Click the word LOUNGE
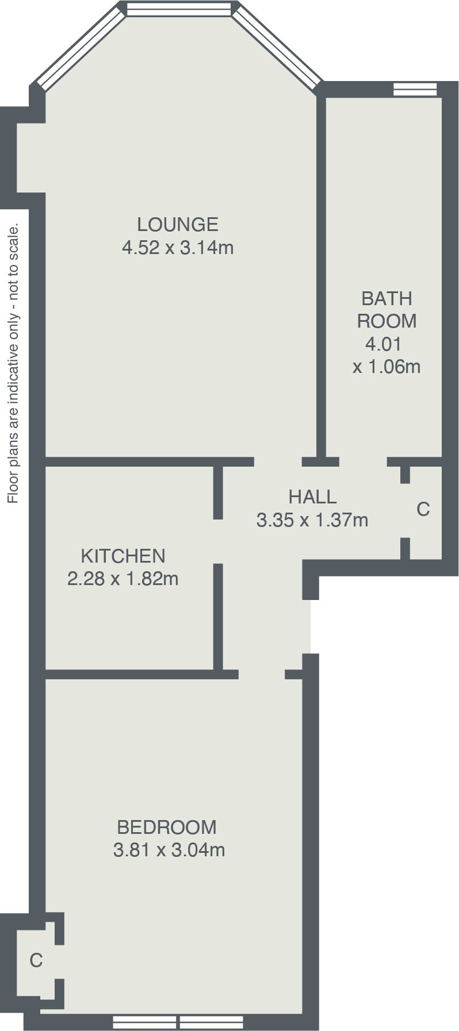(x=178, y=224)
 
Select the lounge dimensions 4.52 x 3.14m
(x=178, y=248)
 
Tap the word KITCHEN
(x=123, y=556)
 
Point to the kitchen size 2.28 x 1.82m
(x=123, y=578)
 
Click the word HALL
(x=312, y=497)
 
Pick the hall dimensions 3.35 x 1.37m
(x=312, y=520)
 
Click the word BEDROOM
(x=167, y=827)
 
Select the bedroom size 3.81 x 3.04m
(x=169, y=849)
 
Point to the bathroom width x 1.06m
(x=387, y=366)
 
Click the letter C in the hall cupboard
(x=423, y=509)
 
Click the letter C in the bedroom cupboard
(x=36, y=960)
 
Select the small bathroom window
(x=415, y=89)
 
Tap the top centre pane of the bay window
(x=178, y=9)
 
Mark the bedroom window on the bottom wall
(x=178, y=1022)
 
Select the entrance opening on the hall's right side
(x=311, y=626)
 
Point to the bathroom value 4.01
(x=383, y=344)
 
